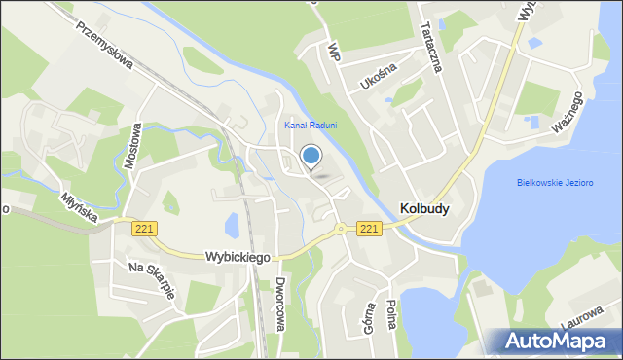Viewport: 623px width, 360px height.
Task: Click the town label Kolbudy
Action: (424, 207)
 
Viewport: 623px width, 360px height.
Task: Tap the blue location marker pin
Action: (311, 157)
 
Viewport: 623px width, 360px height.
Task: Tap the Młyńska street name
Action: (77, 202)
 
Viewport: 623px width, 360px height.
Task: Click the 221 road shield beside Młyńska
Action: (143, 228)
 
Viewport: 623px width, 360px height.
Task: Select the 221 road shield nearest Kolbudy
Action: (368, 228)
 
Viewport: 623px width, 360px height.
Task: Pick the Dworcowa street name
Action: (279, 305)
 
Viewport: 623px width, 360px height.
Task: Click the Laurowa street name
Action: (585, 317)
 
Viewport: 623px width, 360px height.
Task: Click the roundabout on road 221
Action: (341, 230)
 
